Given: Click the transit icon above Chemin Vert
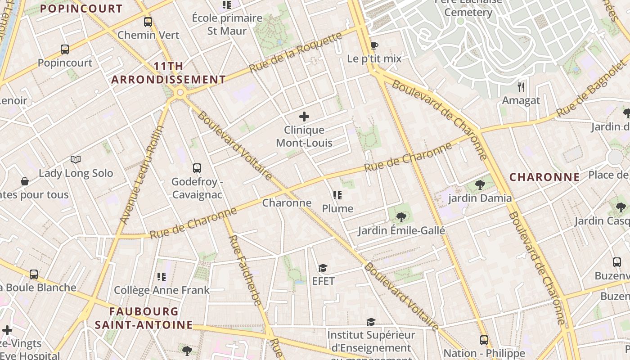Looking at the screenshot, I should point(148,22).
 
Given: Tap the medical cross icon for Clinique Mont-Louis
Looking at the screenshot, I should point(304,117).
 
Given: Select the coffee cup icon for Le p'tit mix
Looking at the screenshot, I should point(374,45).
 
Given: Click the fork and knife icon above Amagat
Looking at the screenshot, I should point(521,87).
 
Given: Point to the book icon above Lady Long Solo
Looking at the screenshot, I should point(76,160).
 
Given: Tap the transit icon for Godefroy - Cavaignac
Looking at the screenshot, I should point(197,168).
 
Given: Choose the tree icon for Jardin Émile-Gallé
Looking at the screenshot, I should point(401,217).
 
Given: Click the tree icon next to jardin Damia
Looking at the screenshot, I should point(480,184).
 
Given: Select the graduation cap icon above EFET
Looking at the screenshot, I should point(323,268).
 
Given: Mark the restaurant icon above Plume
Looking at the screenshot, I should point(337,195).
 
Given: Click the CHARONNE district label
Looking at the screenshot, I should point(544,177).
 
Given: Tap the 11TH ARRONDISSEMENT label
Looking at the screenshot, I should point(169,73).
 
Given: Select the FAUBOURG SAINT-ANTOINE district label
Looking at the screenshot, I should point(144,318).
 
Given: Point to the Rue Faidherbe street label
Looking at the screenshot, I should point(245,270).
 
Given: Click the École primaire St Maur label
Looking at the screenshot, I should point(227,24).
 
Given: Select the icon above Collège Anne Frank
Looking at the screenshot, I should point(162,276).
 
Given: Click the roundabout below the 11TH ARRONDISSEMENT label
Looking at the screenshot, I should point(180,93).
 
